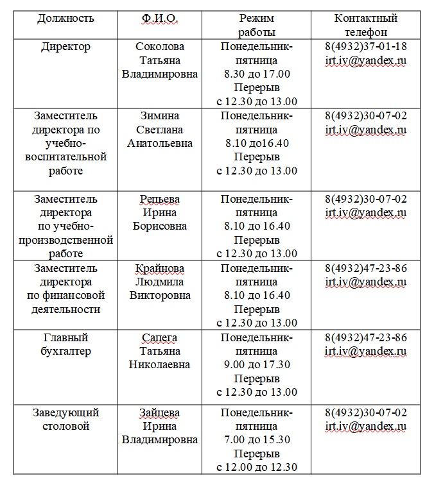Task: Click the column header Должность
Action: [x=65, y=19]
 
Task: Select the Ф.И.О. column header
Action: [x=160, y=19]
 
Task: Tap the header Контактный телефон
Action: [x=365, y=25]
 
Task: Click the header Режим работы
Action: [x=257, y=25]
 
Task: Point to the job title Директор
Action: [x=65, y=47]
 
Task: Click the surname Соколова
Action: [x=160, y=47]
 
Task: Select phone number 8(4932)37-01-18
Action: [x=365, y=47]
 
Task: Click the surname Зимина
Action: [x=160, y=116]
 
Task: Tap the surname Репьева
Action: [x=160, y=199]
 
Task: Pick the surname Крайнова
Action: [x=160, y=268]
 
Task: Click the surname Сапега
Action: [x=160, y=337]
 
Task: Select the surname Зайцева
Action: [x=160, y=412]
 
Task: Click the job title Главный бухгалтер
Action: [x=65, y=344]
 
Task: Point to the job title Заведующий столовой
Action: [x=65, y=420]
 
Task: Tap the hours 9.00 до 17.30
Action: [x=257, y=365]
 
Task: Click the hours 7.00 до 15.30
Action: [x=257, y=440]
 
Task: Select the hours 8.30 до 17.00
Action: [x=257, y=74]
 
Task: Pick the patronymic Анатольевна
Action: [x=160, y=144]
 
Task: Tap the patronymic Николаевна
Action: [x=160, y=365]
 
